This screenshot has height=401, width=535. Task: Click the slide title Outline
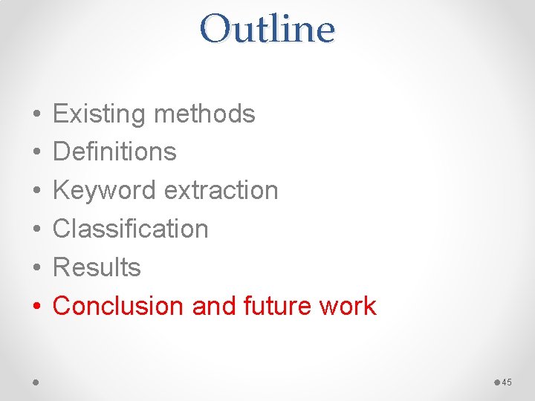pyautogui.click(x=267, y=30)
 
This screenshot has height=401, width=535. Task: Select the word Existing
pyautogui.click(x=99, y=114)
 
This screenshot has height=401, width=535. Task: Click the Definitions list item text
pyautogui.click(x=114, y=152)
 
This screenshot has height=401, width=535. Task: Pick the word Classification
pyautogui.click(x=130, y=229)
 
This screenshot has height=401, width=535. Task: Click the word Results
pyautogui.click(x=97, y=267)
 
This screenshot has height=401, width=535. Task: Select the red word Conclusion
pyautogui.click(x=119, y=306)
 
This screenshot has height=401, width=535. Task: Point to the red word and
pyautogui.click(x=208, y=306)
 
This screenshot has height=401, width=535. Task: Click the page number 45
pyautogui.click(x=507, y=382)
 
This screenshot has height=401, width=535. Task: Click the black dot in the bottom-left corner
pyautogui.click(x=35, y=382)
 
